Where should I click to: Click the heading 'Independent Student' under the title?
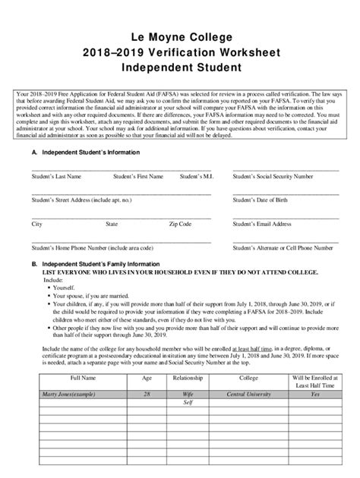(x=180, y=68)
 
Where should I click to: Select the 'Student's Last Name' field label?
(x=56, y=176)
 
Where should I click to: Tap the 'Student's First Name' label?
(x=138, y=176)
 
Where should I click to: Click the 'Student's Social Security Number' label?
(x=273, y=176)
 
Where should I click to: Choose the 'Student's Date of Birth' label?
(x=261, y=200)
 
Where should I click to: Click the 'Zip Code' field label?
(x=180, y=225)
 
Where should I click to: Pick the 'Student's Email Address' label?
(x=262, y=225)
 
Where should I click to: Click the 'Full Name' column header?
(x=84, y=376)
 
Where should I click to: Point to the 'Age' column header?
(x=147, y=376)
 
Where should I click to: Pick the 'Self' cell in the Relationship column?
(x=187, y=403)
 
